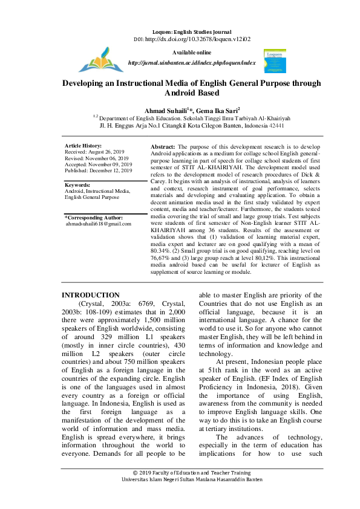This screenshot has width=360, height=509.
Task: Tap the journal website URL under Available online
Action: pos(192,63)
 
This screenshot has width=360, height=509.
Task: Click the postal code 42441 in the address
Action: pos(277,127)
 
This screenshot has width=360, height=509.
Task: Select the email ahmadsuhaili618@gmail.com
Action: pos(99,224)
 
